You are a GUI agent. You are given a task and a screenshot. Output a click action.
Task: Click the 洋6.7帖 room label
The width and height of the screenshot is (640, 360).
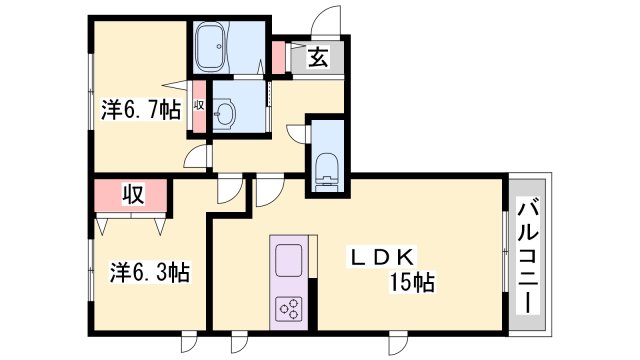tap(140, 107)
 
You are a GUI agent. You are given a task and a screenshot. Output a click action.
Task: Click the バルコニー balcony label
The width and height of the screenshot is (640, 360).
tap(527, 255)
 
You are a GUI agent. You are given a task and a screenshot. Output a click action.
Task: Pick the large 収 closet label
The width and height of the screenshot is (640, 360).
tap(131, 194)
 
